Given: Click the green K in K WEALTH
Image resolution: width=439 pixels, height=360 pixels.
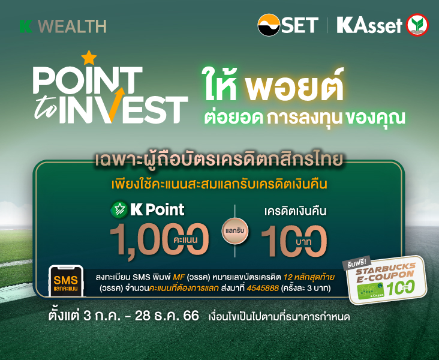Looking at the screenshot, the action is (26, 26).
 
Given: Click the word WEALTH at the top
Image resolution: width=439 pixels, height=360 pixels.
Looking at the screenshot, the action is (72, 26).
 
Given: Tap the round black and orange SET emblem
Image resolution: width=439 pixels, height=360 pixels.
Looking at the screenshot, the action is (269, 25).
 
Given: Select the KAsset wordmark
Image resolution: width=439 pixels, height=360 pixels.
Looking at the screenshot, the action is (369, 26).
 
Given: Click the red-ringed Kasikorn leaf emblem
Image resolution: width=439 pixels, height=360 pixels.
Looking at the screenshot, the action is (418, 25).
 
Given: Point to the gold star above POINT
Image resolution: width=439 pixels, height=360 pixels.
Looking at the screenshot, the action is (89, 57).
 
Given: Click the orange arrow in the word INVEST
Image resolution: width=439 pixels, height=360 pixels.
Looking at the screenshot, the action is (116, 104).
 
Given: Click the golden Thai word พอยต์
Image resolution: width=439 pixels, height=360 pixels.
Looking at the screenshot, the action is (294, 85).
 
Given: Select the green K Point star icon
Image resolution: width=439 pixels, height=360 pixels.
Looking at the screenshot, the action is (119, 209).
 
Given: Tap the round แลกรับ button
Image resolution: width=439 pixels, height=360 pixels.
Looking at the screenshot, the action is (235, 231).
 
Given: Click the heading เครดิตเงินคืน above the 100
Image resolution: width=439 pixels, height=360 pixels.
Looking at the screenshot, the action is (296, 211).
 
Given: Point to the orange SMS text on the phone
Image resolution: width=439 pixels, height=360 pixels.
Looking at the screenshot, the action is (66, 280).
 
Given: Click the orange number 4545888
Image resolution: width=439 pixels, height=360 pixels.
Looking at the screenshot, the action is (263, 288).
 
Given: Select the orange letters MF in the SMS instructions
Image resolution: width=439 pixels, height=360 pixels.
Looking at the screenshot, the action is (178, 277).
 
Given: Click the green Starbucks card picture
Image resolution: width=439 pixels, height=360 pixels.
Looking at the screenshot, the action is (371, 291).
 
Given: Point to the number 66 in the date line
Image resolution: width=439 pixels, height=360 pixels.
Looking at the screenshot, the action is (191, 316).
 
